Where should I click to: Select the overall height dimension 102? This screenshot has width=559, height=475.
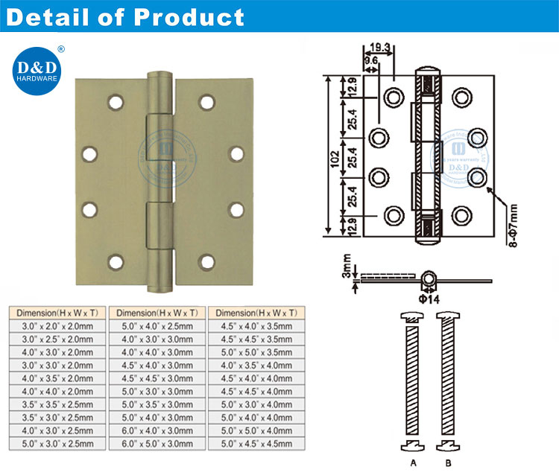tap(336, 156)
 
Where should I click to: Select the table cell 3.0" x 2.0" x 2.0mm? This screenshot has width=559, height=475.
tap(55, 326)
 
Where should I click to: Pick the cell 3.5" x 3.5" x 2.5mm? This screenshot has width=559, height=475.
tap(55, 405)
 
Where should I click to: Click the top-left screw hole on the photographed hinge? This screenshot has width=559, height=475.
tap(115, 100)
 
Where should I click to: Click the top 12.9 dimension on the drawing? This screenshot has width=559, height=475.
tap(350, 91)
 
